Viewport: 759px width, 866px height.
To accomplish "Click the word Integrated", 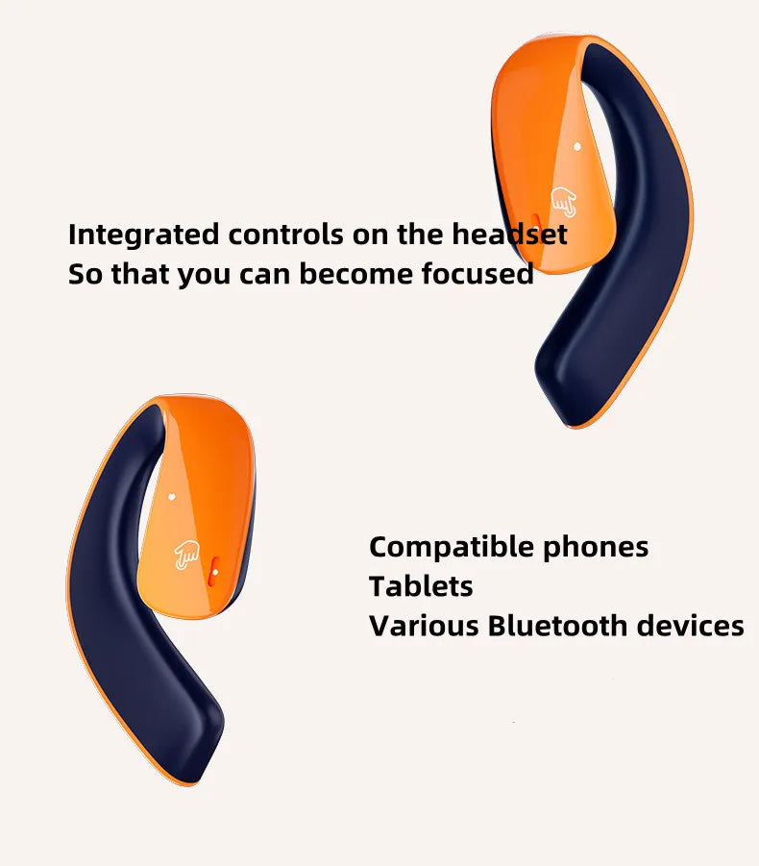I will (144, 234).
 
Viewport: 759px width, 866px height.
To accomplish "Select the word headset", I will (509, 234).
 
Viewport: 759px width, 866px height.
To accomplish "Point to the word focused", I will (477, 274).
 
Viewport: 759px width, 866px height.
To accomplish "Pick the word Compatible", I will (452, 547).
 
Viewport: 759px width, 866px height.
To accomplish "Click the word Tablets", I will (421, 586).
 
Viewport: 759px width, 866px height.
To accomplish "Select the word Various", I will (424, 626).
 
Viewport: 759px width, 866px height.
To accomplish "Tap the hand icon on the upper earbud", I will (564, 203).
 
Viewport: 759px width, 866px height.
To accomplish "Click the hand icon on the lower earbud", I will (185, 553).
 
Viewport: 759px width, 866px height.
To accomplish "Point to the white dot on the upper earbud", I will (576, 147).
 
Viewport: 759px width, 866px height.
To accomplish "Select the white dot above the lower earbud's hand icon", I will (171, 497).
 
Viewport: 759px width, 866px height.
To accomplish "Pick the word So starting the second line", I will (84, 274).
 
